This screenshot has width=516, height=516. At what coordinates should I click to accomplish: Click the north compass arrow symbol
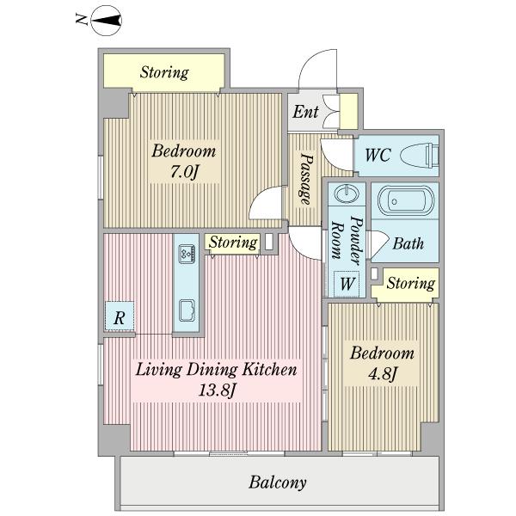(106, 21)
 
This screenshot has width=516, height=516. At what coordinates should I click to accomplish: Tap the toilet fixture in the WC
(420, 155)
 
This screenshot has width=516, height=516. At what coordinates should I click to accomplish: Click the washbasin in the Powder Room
(347, 193)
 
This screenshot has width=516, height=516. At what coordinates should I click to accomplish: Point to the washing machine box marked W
(347, 283)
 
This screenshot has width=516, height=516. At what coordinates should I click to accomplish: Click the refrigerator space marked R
(120, 316)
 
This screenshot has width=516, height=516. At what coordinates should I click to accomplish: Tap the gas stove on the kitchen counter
(187, 255)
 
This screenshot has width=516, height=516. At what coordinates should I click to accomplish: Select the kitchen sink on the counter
(187, 310)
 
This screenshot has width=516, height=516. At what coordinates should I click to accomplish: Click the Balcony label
(278, 482)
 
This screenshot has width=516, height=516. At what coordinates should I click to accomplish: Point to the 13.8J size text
(216, 391)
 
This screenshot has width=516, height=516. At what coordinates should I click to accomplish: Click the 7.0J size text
(184, 171)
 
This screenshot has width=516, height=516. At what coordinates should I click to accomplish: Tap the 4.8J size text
(383, 374)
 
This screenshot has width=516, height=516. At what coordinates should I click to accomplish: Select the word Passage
(305, 179)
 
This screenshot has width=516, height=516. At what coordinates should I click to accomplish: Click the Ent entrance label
(305, 112)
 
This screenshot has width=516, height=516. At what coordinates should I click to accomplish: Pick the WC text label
(378, 155)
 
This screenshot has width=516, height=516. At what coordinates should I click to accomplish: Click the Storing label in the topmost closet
(164, 72)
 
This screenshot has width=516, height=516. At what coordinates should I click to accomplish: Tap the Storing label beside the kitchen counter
(233, 243)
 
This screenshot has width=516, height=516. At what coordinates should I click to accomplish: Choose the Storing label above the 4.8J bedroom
(410, 283)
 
